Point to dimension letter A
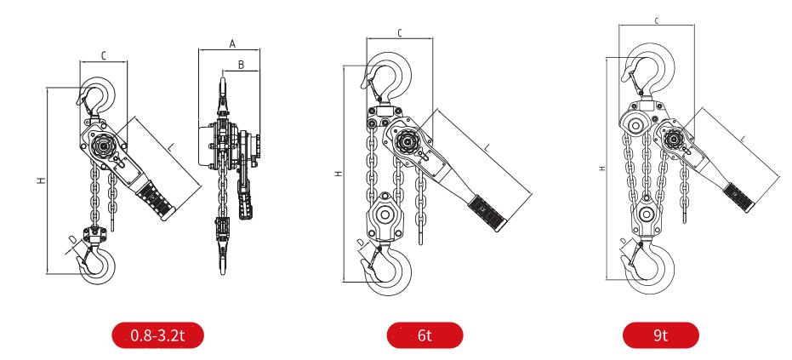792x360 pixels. coord(231,42)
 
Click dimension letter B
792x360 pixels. coord(242,64)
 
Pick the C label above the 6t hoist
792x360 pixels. coord(400,33)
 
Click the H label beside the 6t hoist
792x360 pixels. coord(338,174)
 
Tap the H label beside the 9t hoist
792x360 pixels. coord(602,168)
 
